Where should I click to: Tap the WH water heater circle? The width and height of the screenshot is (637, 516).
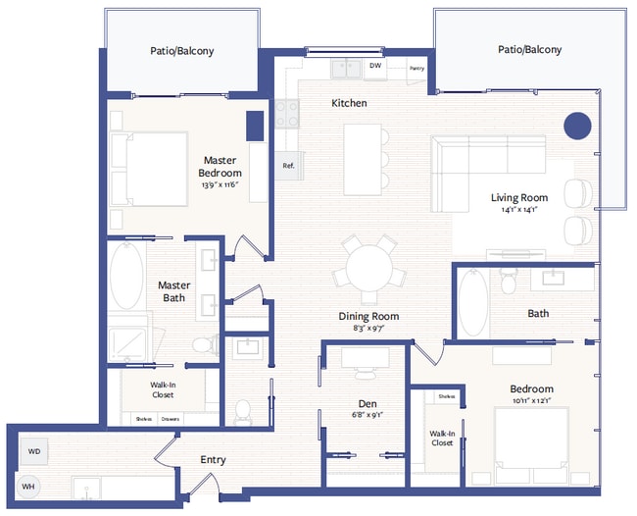29,486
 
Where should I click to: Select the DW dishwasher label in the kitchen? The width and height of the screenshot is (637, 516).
375,67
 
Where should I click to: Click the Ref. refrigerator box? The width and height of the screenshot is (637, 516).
288,166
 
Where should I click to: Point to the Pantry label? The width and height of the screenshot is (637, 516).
416,69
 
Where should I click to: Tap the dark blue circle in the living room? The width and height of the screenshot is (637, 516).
577,126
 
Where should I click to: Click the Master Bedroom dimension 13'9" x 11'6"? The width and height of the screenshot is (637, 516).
221,184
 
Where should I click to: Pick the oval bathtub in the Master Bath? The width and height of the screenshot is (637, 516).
126,277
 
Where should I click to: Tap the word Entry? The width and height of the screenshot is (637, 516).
214,459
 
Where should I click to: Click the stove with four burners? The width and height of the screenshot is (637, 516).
287,114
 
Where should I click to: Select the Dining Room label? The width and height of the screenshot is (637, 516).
368,316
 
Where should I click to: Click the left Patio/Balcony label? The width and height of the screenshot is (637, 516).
181,51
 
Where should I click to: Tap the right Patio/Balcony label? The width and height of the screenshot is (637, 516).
529,49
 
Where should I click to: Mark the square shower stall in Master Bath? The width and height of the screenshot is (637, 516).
127,340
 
